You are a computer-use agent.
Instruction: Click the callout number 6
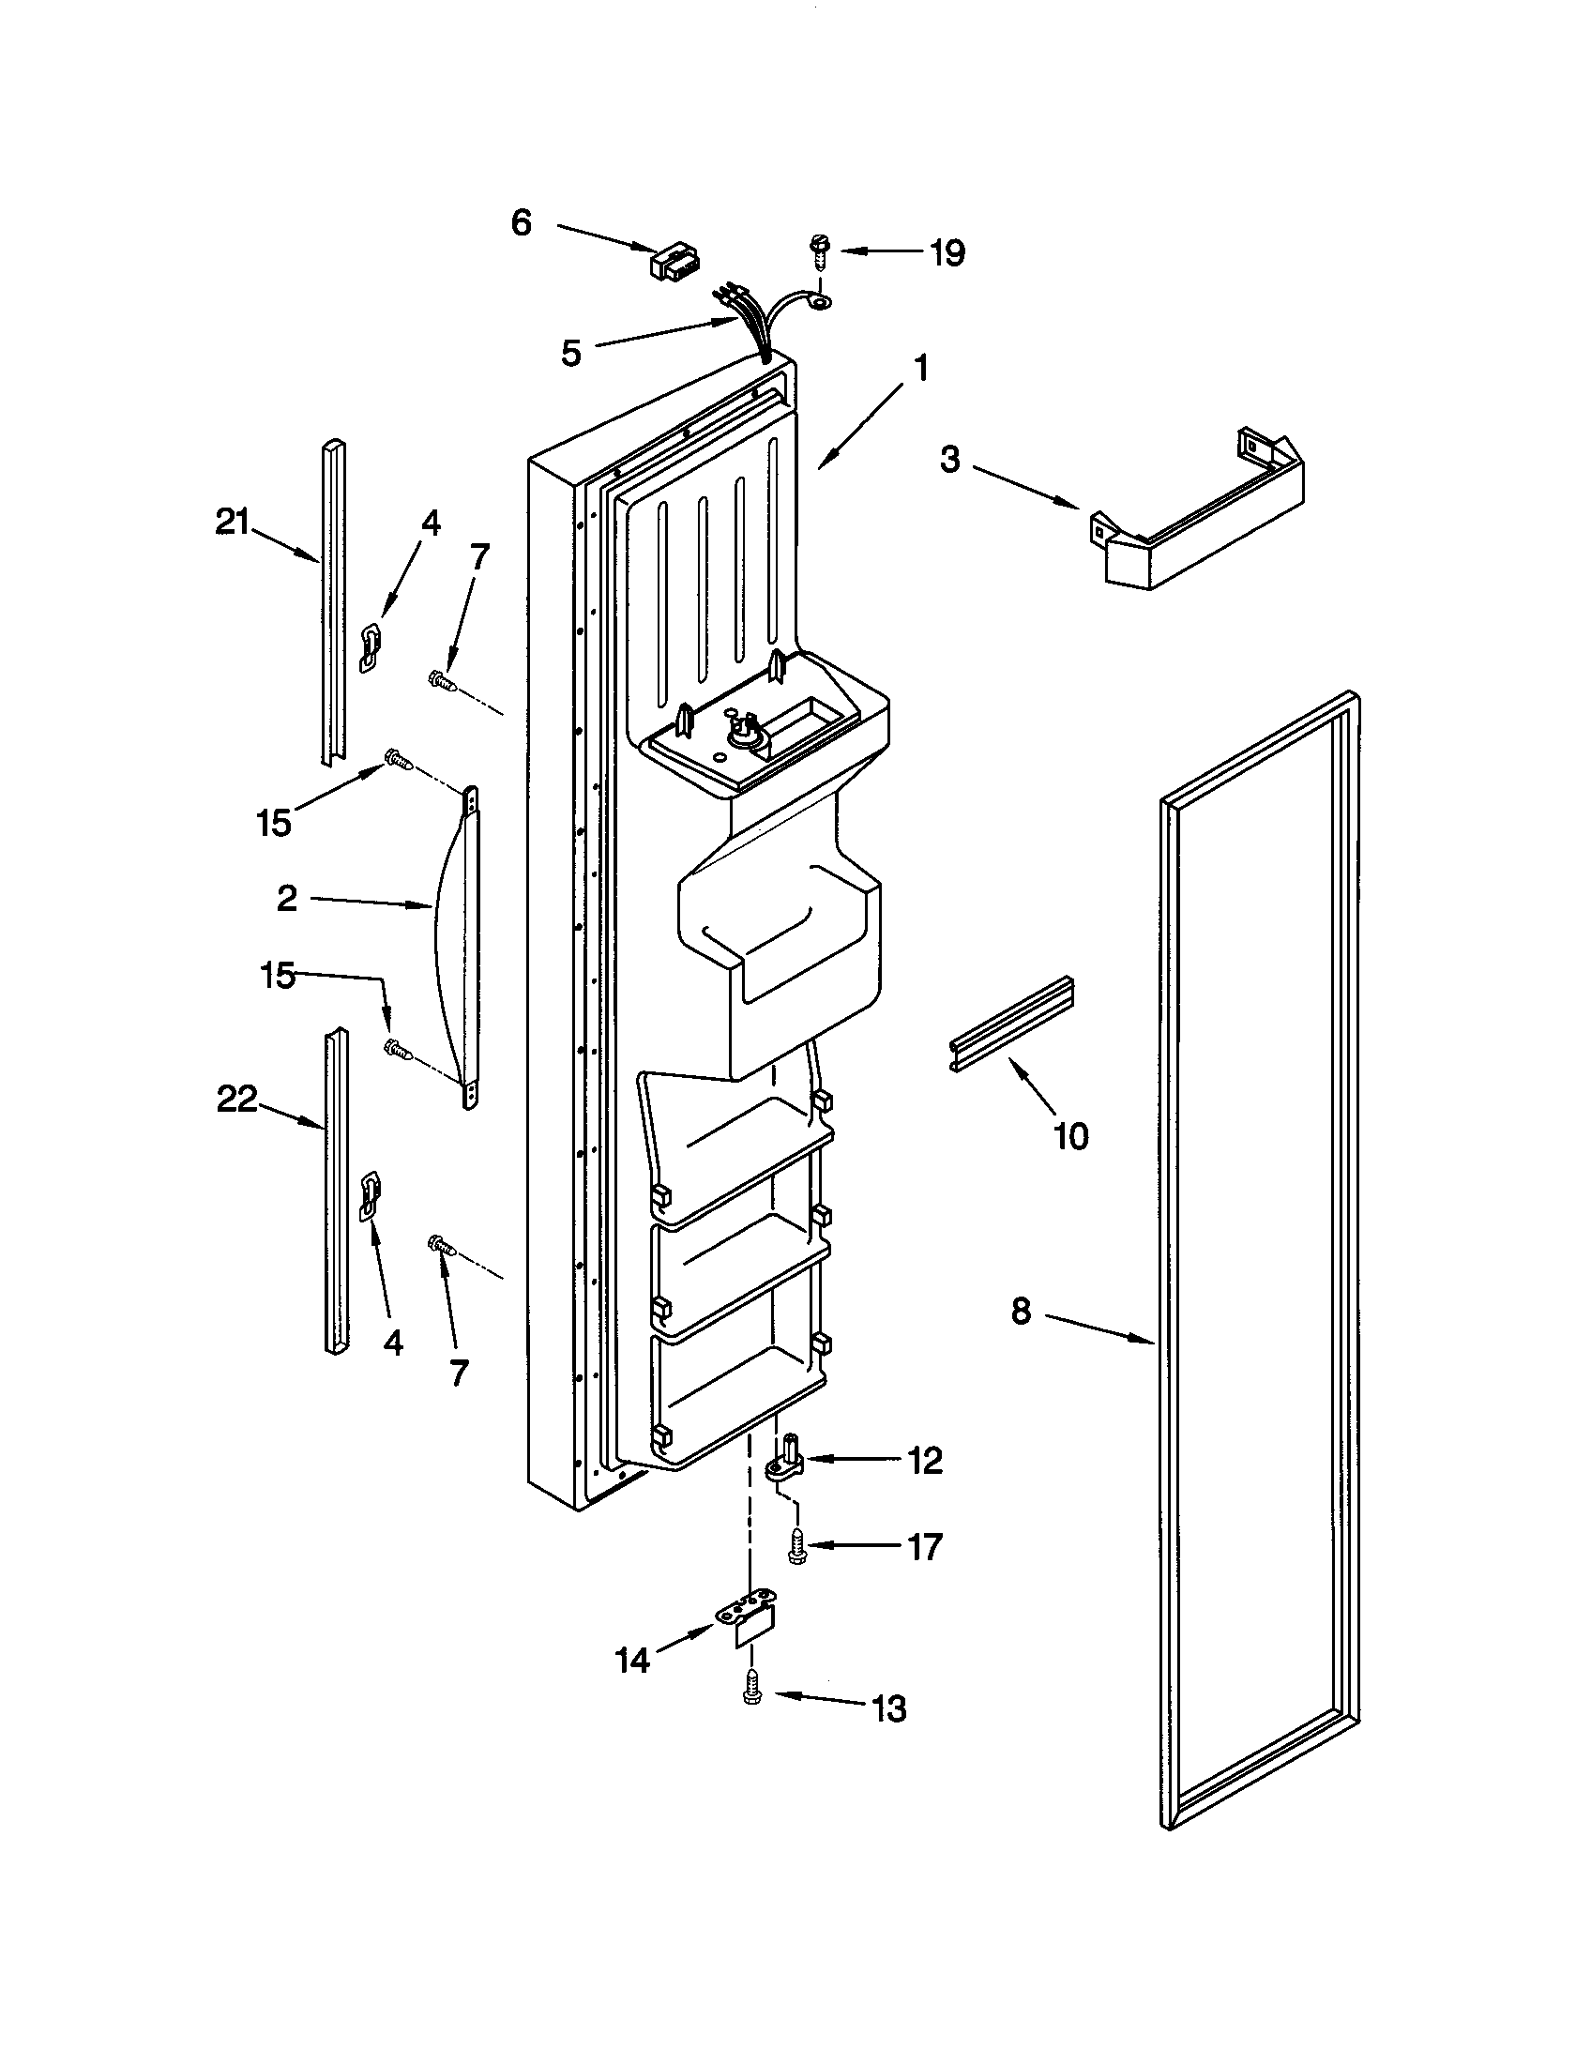click(x=522, y=223)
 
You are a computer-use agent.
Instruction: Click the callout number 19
click(x=947, y=252)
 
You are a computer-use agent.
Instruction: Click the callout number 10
click(x=1070, y=1136)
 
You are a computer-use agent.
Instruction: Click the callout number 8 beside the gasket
click(x=1021, y=1312)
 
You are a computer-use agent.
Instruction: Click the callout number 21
click(x=233, y=522)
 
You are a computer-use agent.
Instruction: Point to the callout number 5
click(x=570, y=353)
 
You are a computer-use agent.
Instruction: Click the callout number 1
click(x=919, y=368)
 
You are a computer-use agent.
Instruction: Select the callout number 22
click(x=237, y=1100)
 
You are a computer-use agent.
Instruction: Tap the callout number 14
click(x=632, y=1661)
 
